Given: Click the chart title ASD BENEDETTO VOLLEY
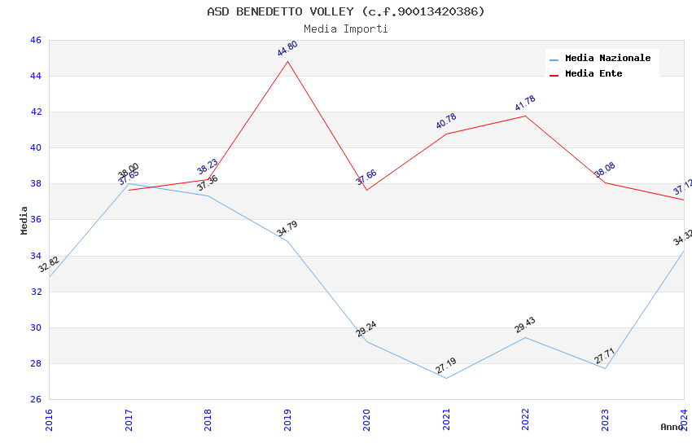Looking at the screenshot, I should (x=345, y=11).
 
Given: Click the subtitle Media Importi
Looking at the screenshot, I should (x=345, y=29).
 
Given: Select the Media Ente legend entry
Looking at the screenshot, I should (x=593, y=73).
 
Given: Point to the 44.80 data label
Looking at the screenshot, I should (x=287, y=49).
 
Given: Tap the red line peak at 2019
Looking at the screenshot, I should (x=287, y=61).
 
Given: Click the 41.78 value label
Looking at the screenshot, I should (x=525, y=103).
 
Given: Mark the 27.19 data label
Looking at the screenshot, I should (x=445, y=366).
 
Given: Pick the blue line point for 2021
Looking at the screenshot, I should (x=445, y=378).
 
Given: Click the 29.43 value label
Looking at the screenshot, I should (x=525, y=326).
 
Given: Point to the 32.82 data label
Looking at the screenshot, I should (x=49, y=265).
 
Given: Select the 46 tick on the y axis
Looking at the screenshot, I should (x=35, y=40).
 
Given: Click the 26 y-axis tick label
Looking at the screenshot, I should (x=35, y=399).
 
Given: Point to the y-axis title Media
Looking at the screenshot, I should (x=24, y=220).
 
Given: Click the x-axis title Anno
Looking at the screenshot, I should (x=672, y=427).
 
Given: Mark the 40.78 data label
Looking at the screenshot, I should (x=446, y=121).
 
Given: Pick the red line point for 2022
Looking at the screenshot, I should (x=525, y=116).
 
